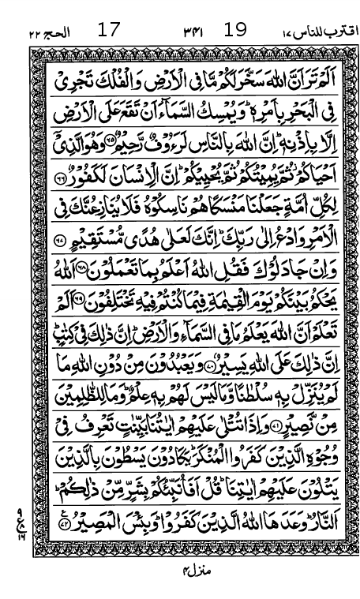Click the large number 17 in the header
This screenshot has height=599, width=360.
coord(107,31)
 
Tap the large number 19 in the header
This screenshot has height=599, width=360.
coord(235,31)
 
